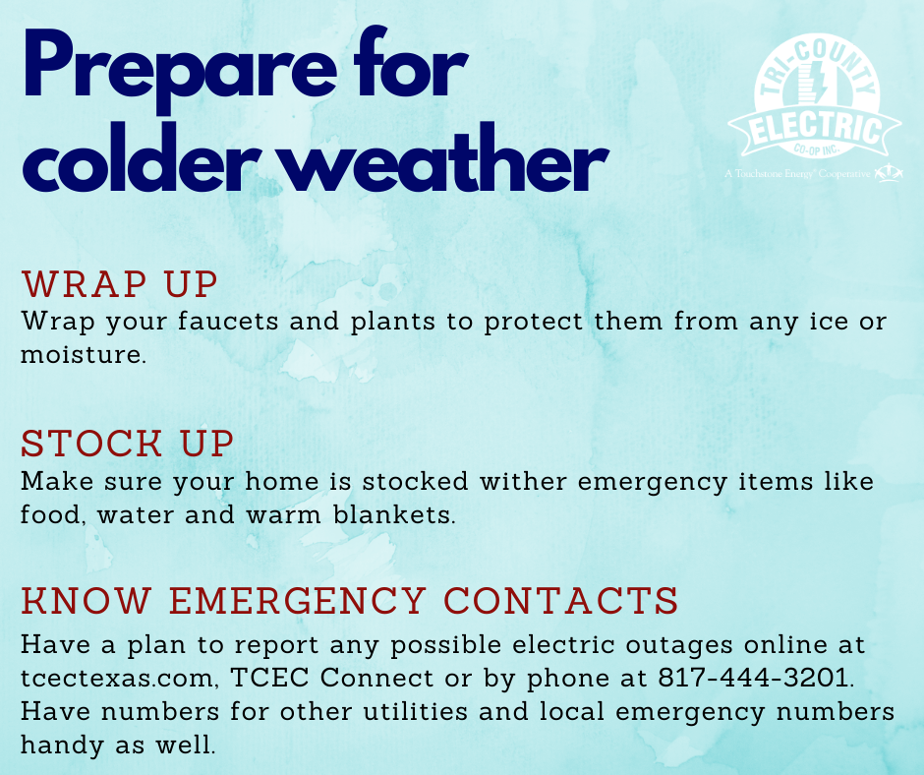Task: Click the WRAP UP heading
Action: click(x=120, y=284)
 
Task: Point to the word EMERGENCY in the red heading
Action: click(x=298, y=600)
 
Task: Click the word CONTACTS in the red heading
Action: click(x=560, y=600)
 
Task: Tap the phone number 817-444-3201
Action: click(x=753, y=678)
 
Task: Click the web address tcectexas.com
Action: click(x=117, y=679)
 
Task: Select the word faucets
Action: click(x=228, y=322)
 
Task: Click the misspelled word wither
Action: click(x=523, y=481)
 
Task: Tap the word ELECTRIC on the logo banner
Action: click(x=816, y=128)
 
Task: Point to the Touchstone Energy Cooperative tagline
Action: click(x=797, y=174)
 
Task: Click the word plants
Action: click(x=393, y=323)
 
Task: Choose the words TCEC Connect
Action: click(x=332, y=678)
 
